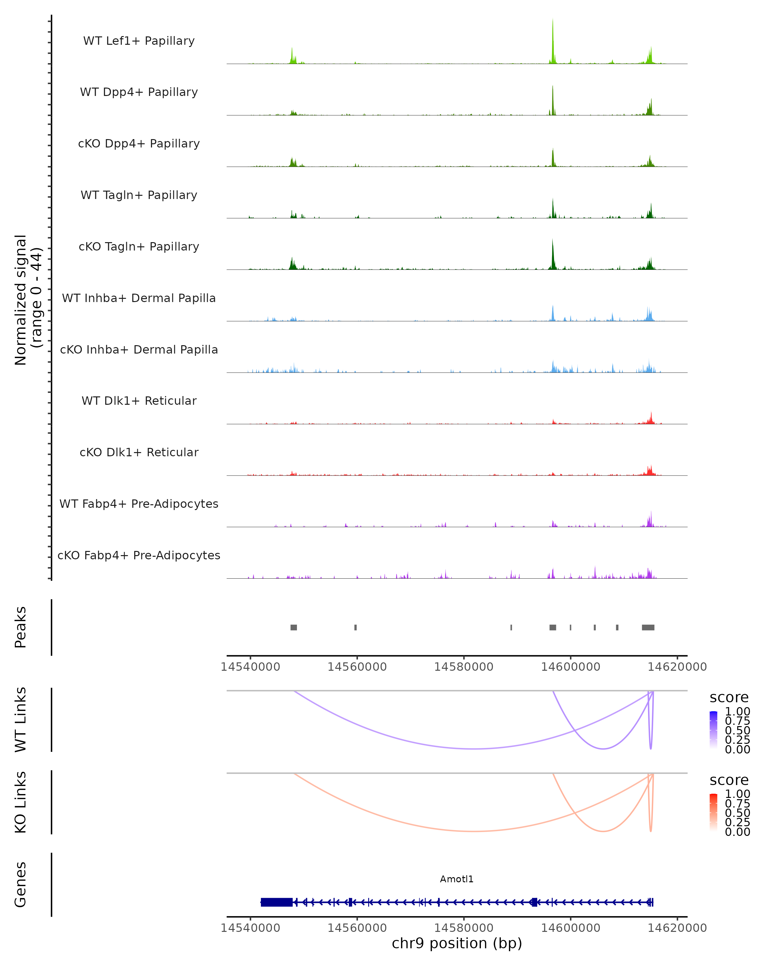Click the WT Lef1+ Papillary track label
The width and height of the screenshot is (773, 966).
point(139,41)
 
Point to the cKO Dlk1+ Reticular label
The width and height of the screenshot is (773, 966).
point(139,452)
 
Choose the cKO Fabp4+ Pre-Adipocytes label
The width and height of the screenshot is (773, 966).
point(139,555)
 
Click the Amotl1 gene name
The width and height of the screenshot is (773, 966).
point(457,879)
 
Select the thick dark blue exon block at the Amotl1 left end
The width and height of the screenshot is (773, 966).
point(276,902)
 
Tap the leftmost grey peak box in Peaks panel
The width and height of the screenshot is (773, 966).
point(293,627)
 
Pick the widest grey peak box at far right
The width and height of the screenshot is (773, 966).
point(648,627)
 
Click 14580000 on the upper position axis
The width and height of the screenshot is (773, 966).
point(464,667)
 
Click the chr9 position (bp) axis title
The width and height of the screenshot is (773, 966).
point(457,943)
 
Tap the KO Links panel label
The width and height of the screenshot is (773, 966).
point(21,802)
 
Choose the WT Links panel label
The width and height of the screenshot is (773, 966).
point(21,720)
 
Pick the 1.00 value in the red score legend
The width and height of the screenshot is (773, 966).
point(738,794)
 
